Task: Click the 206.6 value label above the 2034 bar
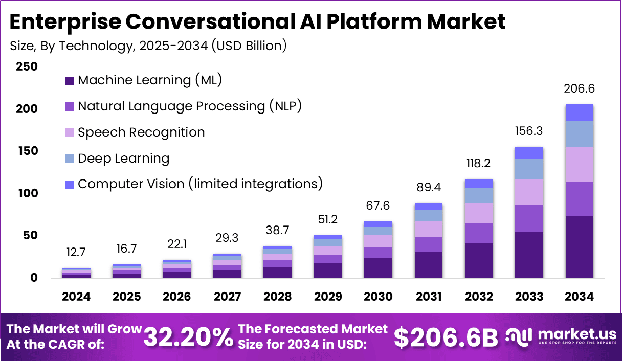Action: coord(579,88)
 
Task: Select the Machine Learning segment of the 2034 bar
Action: coord(579,247)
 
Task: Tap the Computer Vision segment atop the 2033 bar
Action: coord(529,153)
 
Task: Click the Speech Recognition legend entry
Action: coord(141,132)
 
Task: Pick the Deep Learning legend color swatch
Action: coord(70,159)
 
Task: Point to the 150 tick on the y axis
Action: coord(26,151)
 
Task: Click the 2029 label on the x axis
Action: coord(328,297)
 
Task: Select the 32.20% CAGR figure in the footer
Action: coord(188,337)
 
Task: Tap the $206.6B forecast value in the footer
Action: coord(446,337)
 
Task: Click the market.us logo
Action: coord(561,336)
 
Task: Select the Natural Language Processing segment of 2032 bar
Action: coord(479,233)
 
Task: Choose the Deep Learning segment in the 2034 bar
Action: coord(579,133)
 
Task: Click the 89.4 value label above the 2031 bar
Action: coord(428,189)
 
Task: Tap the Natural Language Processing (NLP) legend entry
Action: coord(189,106)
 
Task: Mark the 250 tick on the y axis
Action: coord(26,66)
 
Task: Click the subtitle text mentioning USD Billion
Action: coord(148,46)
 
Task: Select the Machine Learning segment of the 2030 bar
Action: coord(378,268)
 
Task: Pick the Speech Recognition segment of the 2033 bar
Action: coord(529,192)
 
